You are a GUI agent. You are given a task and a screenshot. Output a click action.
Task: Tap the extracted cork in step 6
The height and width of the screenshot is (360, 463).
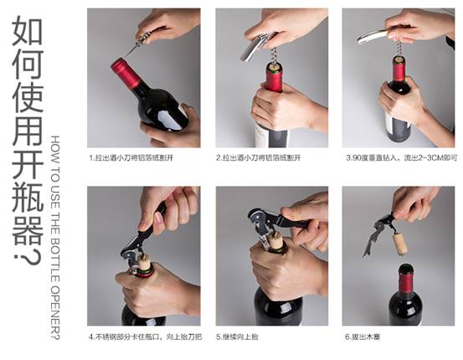click(400, 244)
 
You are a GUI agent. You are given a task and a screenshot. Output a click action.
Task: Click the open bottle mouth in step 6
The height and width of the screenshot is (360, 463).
click(406, 268)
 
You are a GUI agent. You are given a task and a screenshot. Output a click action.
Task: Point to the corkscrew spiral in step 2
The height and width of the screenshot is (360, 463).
click(273, 55)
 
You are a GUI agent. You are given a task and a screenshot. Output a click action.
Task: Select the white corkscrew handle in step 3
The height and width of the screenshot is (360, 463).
click(373, 37)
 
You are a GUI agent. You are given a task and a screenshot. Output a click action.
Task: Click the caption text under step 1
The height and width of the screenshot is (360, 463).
click(131, 158)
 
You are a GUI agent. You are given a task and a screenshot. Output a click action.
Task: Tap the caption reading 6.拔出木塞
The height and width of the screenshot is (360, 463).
click(363, 337)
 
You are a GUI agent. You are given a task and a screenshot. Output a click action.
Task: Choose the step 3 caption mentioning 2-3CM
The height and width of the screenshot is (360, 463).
click(402, 158)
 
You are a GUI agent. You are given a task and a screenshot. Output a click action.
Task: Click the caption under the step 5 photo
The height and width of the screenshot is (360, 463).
click(237, 337)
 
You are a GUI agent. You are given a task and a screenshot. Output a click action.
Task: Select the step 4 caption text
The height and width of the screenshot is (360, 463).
click(146, 337)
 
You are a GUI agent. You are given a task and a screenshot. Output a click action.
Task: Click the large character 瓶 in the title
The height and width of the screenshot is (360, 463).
click(28, 197)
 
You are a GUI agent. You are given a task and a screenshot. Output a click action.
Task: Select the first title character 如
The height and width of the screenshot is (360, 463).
click(28, 31)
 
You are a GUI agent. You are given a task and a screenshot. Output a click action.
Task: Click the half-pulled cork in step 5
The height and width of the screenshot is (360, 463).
click(277, 240)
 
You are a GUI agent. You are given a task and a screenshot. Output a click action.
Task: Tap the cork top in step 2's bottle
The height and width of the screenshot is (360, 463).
click(274, 67)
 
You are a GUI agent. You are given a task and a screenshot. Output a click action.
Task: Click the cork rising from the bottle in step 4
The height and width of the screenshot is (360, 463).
click(145, 262)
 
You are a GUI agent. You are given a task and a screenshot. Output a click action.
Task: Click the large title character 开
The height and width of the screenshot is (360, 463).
click(28, 163)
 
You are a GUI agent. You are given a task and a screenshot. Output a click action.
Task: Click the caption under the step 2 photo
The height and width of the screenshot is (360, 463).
click(259, 158)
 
